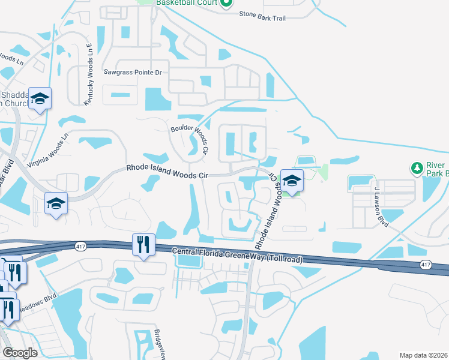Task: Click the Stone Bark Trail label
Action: (x=262, y=18)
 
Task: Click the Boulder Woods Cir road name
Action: (x=194, y=137)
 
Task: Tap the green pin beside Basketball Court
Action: (x=226, y=4)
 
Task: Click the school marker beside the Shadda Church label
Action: (x=40, y=98)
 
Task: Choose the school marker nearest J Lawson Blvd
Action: (x=292, y=181)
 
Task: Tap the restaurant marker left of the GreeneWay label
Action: (x=143, y=244)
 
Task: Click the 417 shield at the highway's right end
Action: (x=425, y=265)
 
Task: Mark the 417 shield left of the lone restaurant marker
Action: (x=80, y=246)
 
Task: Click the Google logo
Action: (x=20, y=353)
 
